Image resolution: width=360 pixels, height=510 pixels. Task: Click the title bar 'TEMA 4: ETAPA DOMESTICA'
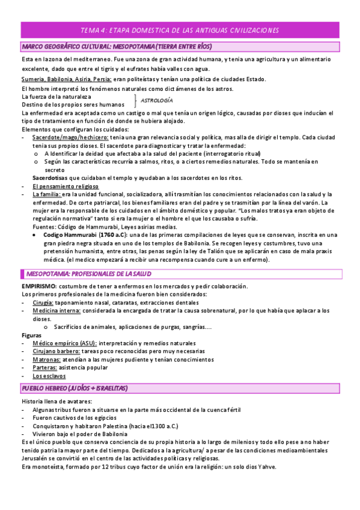[180, 31]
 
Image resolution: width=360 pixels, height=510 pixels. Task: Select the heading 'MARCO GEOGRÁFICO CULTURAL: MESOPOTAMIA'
[117, 46]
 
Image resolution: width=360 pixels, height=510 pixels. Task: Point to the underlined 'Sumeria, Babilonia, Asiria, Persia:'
[66, 79]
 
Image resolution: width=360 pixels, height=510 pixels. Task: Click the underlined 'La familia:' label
[47, 194]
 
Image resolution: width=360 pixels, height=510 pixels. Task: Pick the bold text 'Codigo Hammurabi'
[69, 235]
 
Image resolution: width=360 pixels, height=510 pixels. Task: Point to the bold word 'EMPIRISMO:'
[39, 286]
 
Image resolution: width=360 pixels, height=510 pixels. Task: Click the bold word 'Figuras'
[31, 335]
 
